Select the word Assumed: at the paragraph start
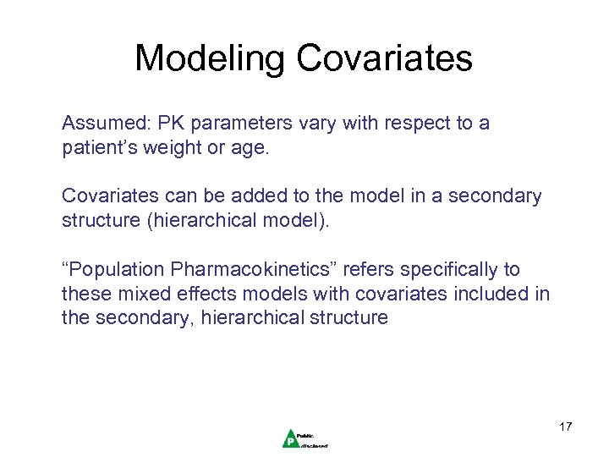(x=103, y=124)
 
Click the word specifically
(x=448, y=270)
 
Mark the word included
(x=495, y=294)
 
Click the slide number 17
(x=565, y=426)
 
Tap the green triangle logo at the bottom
(x=290, y=438)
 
